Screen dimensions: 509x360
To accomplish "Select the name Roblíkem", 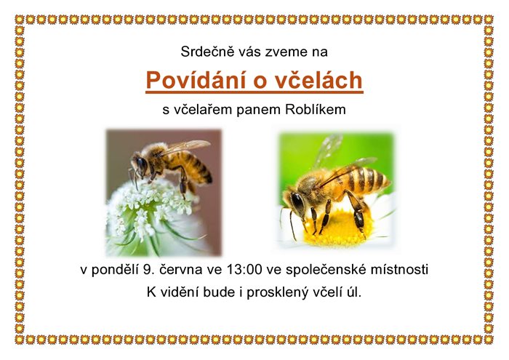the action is click(x=316, y=110).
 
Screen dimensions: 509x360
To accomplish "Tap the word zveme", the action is click(x=284, y=52).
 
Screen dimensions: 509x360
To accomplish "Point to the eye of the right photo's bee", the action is click(x=297, y=203).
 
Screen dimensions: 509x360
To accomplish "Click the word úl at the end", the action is click(x=354, y=292).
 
